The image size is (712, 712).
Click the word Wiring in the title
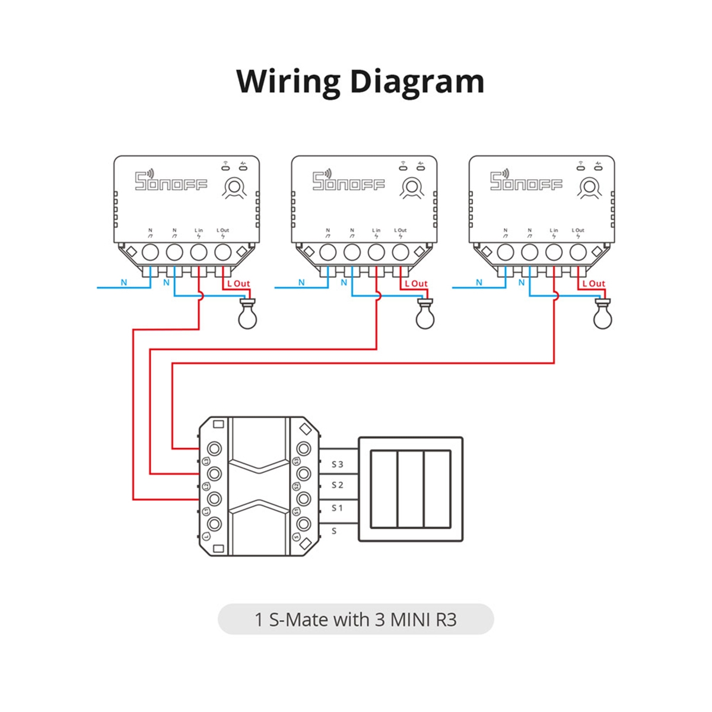(x=289, y=81)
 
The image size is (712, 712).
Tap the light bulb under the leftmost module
(x=248, y=316)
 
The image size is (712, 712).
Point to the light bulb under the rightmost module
(x=603, y=316)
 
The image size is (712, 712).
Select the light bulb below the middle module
(x=425, y=316)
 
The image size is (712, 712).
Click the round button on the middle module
(x=411, y=187)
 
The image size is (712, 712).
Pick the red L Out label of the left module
(x=239, y=284)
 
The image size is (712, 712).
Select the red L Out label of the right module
(x=593, y=284)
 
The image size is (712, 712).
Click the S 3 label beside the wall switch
(x=337, y=464)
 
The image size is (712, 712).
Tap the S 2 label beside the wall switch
(x=337, y=485)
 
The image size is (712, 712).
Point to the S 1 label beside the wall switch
(x=337, y=508)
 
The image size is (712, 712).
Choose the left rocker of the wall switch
(x=384, y=489)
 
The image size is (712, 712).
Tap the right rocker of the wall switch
(x=437, y=489)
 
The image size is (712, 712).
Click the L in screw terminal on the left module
(x=198, y=253)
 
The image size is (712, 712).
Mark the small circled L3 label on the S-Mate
(x=206, y=461)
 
